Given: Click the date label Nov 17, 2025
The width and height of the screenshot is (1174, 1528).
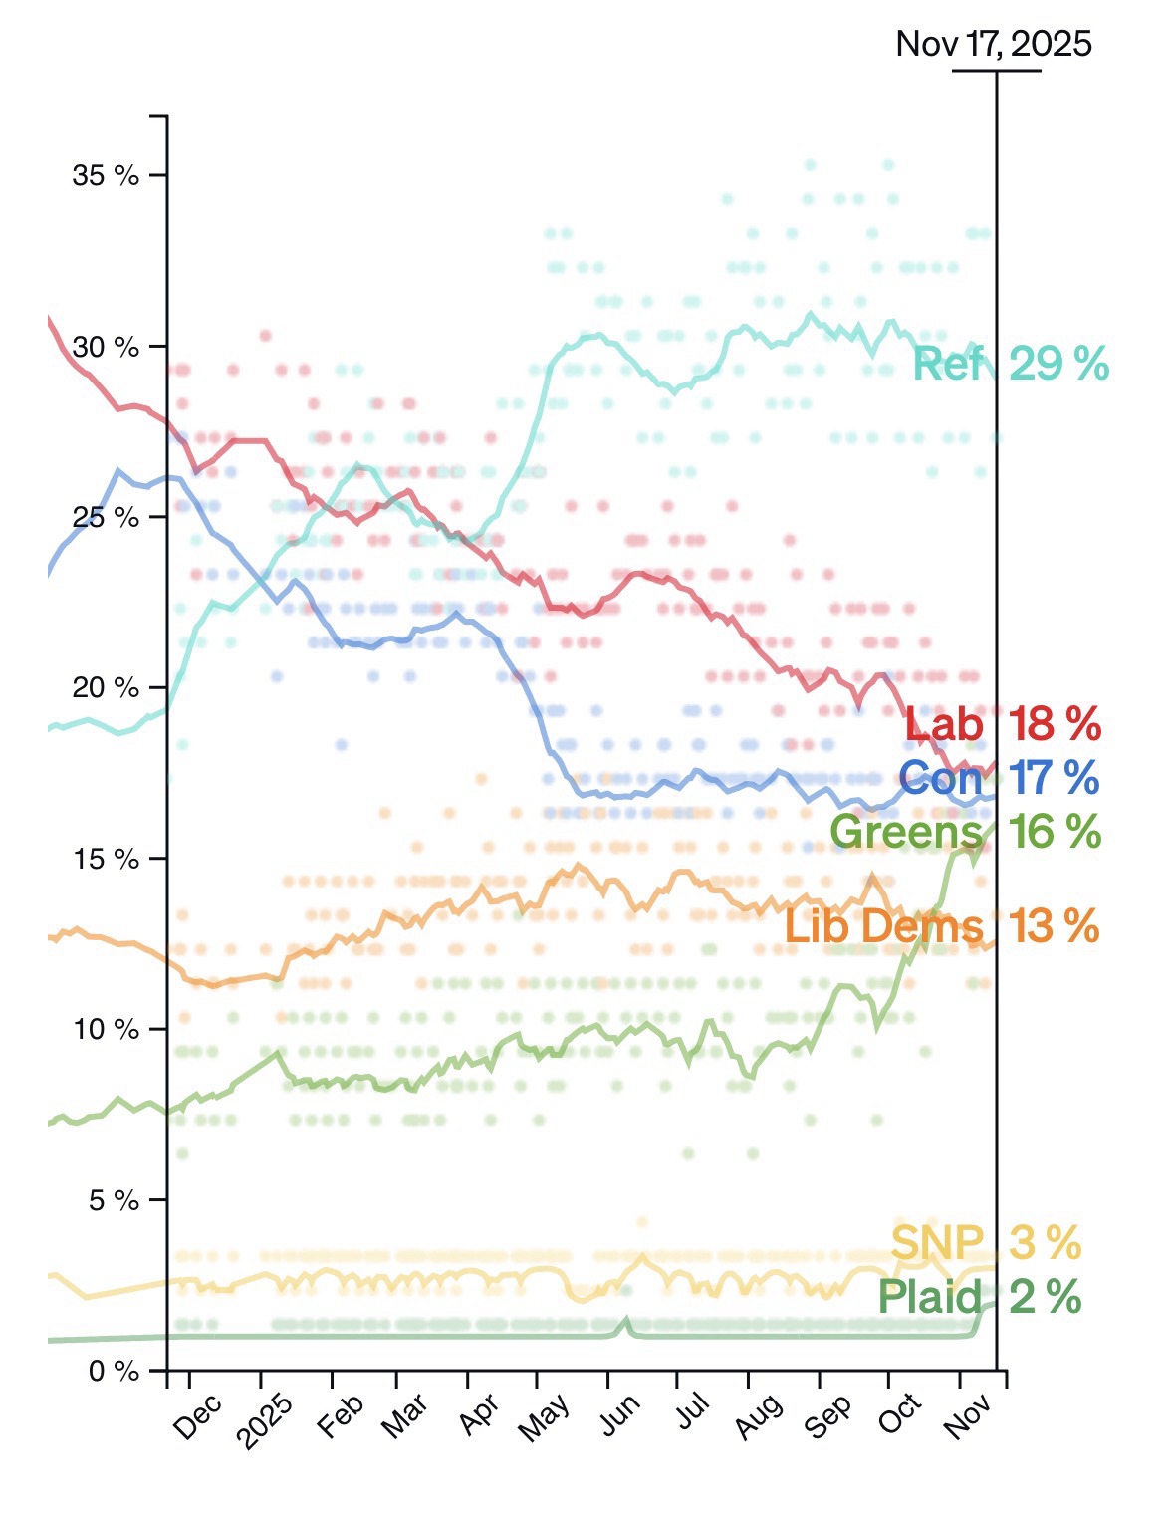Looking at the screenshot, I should pyautogui.click(x=993, y=44).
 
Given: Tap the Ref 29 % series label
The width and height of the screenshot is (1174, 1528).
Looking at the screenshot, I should pyautogui.click(x=1010, y=365).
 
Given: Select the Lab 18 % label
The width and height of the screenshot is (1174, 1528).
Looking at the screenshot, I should pyautogui.click(x=1002, y=724).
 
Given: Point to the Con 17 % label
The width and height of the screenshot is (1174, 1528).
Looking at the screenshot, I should pyautogui.click(x=998, y=778).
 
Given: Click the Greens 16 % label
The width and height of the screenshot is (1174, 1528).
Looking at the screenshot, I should pyautogui.click(x=964, y=831).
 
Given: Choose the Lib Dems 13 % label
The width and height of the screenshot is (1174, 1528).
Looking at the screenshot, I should pyautogui.click(x=941, y=926).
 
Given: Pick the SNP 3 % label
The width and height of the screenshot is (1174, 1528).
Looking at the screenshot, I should pyautogui.click(x=985, y=1243).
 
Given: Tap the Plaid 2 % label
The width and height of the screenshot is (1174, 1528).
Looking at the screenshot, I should pyautogui.click(x=979, y=1297).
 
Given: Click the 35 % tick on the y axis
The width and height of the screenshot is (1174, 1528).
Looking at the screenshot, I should pyautogui.click(x=105, y=176).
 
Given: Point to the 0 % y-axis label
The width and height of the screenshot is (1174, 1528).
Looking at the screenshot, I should pyautogui.click(x=113, y=1372).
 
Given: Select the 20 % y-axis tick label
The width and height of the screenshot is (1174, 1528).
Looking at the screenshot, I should pyautogui.click(x=105, y=688).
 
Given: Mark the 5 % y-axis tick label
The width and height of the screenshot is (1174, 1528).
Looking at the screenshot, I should pyautogui.click(x=113, y=1201).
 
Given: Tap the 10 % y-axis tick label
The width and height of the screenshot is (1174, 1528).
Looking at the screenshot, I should pyautogui.click(x=105, y=1030).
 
